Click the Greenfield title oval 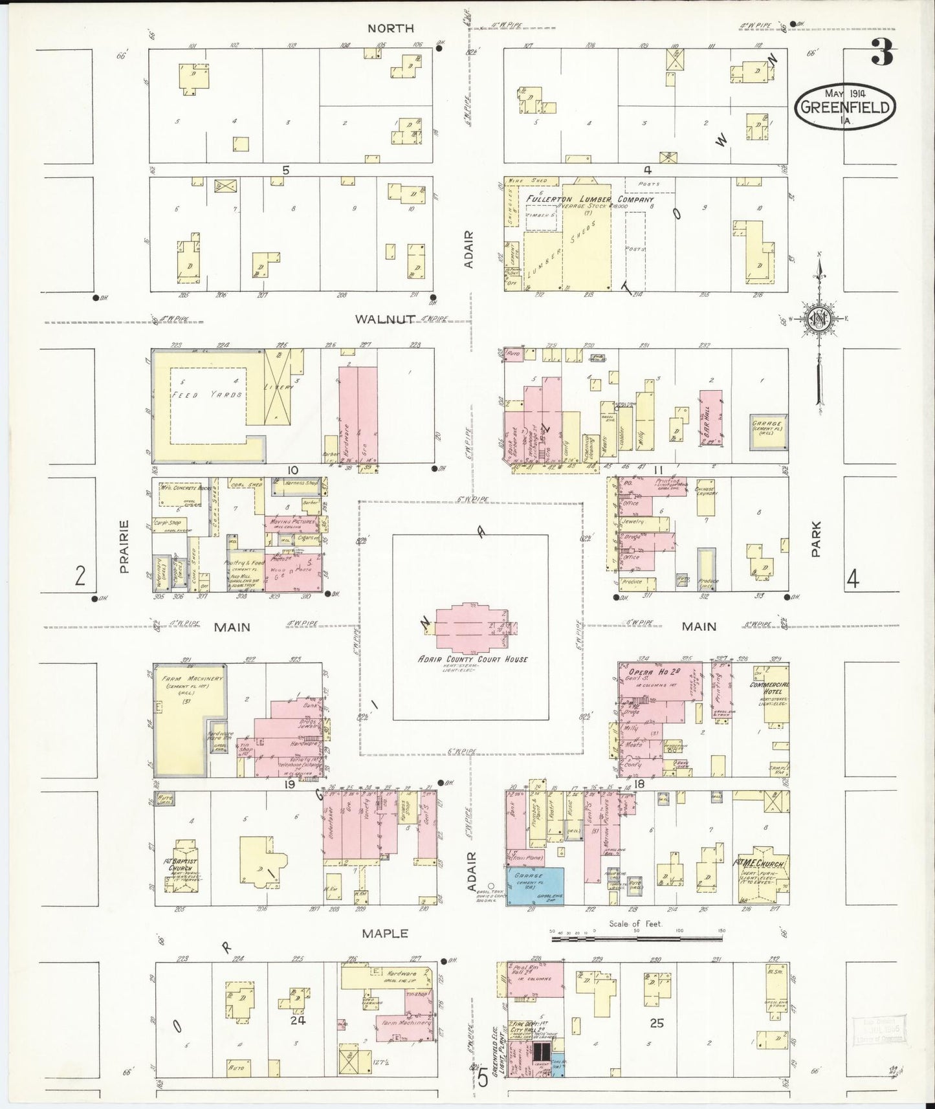click(844, 107)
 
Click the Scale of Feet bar click(636, 937)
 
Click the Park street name click(815, 539)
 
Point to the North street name click(390, 28)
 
